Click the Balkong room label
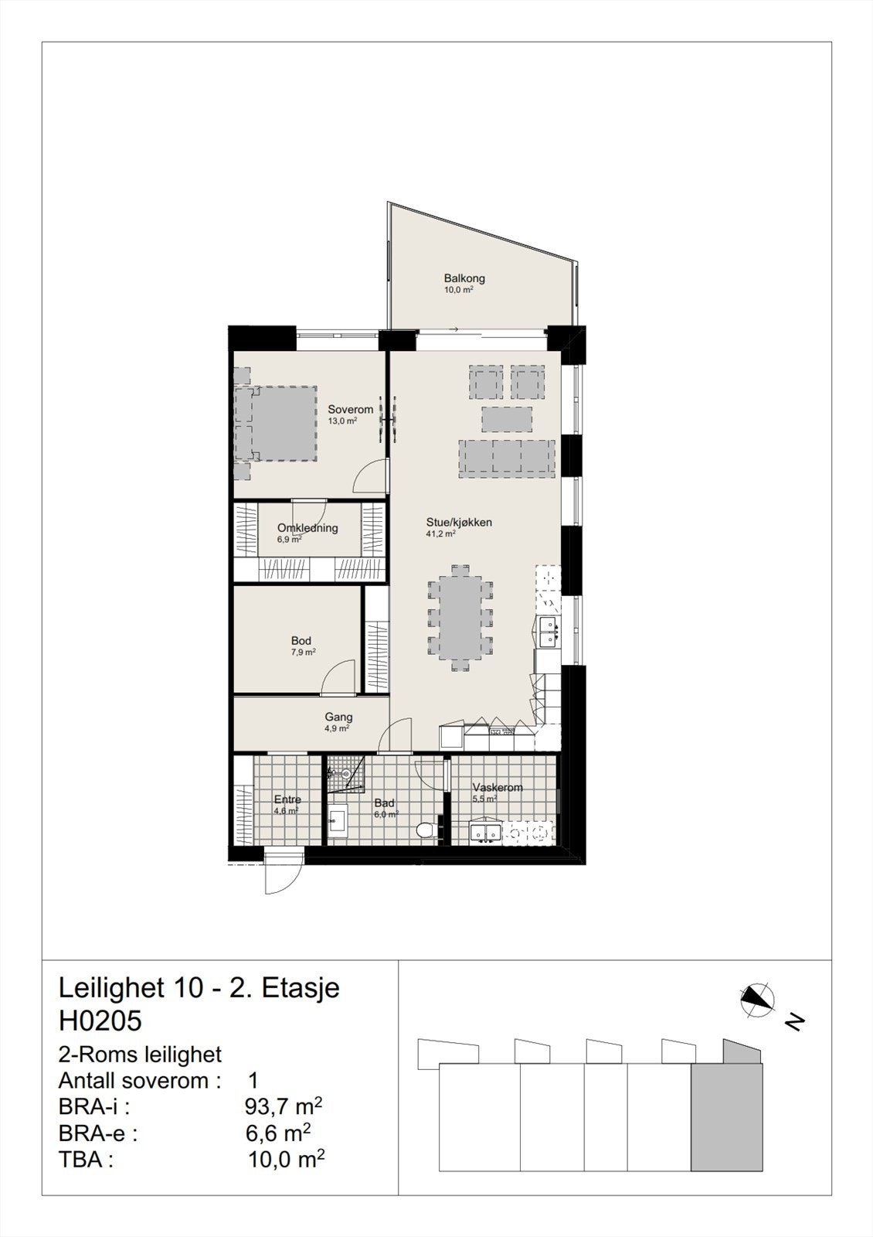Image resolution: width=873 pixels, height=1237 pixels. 464,279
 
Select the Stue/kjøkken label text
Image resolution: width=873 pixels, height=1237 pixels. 458,523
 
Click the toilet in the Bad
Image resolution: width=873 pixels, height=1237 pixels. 426,831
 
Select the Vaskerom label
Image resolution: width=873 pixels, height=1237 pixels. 498,788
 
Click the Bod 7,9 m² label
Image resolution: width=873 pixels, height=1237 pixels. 301,642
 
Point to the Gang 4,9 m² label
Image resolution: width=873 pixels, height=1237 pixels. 338,718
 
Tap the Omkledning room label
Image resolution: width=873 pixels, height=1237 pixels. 307,529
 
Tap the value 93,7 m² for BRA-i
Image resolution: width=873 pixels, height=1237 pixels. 282,1107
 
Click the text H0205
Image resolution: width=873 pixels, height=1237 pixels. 100,1021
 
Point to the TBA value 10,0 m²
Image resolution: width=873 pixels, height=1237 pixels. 285,1160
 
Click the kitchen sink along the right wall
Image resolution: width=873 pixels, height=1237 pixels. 549,630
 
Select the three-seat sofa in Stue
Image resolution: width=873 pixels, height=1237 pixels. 507,456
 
